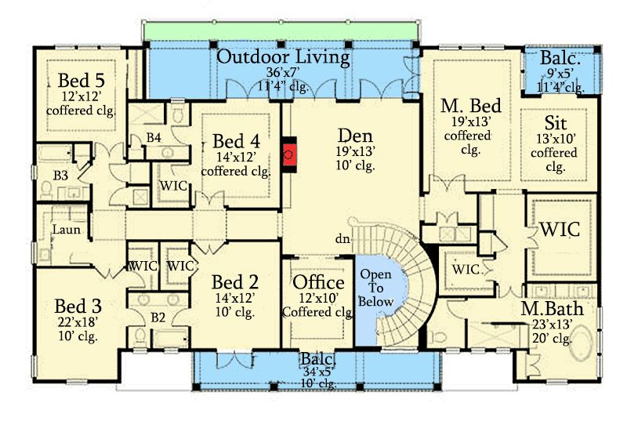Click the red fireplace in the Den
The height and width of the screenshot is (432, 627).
pos(289,154)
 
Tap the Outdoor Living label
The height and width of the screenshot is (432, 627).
pos(283,57)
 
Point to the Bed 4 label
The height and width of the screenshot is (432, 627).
pos(236,141)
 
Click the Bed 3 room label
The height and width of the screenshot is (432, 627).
pos(78,305)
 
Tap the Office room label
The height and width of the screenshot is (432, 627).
pos(318,282)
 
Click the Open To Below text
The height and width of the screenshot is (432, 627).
pos(376,289)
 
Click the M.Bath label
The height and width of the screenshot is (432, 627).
pos(552,309)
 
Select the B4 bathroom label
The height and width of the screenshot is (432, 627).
pos(154,139)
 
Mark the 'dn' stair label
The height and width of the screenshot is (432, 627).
pos(342,238)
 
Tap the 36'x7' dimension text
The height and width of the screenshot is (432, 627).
pos(283,73)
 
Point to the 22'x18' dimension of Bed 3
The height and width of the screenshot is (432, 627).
pos(78,323)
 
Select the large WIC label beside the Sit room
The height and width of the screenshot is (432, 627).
pos(559,230)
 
